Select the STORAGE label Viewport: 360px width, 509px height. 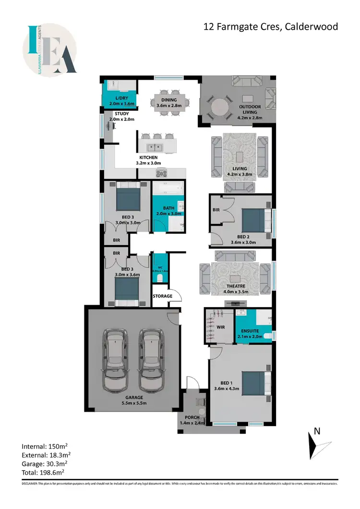click(x=162, y=296)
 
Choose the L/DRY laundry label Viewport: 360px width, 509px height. click(x=120, y=98)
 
